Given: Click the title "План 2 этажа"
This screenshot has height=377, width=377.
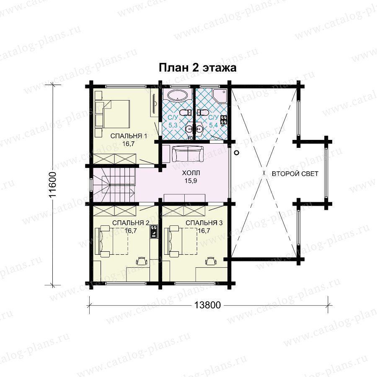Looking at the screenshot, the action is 197,68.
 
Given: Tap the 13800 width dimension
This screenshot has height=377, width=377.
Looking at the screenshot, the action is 207,305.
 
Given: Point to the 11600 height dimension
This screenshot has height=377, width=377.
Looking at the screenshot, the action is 52,184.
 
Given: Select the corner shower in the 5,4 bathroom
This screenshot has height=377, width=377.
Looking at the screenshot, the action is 220,95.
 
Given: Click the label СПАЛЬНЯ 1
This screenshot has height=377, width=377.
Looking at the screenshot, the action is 129,136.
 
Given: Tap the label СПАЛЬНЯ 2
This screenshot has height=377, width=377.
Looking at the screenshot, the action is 131,223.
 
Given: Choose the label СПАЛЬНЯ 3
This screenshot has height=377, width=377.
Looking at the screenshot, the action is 204,223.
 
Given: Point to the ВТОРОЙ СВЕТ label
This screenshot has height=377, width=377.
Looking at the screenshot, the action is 295,173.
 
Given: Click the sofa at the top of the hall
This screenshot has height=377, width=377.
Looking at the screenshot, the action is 188,154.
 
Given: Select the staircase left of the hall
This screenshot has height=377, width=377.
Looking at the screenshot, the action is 114,185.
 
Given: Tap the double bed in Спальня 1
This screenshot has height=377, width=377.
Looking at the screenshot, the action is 113,114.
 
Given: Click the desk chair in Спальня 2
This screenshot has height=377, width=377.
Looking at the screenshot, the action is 142,261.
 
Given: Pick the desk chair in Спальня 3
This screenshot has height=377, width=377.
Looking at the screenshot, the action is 211,261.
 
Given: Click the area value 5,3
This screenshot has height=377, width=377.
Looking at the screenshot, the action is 173,125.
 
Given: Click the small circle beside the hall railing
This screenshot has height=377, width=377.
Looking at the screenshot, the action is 237,152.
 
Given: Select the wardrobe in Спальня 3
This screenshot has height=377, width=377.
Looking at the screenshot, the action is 184,211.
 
